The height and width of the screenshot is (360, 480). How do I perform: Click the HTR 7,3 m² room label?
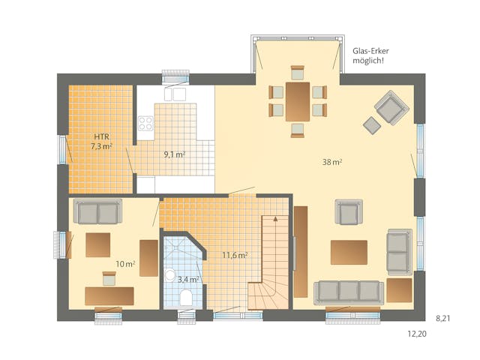102,142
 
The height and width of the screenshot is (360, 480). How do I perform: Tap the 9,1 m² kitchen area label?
175,155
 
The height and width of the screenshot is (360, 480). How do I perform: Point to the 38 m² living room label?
332,162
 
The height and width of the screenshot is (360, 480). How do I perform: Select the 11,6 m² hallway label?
235,255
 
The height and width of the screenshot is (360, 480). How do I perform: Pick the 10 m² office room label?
125,264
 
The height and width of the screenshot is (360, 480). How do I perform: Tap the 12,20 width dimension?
417,334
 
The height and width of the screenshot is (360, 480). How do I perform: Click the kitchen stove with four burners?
145,123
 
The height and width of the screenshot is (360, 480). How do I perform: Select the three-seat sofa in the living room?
348,291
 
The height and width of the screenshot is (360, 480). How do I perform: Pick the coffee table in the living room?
349,251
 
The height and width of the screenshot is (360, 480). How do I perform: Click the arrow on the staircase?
275,219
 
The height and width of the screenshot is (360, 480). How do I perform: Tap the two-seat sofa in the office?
97,213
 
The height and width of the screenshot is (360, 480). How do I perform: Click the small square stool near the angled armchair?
372,124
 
